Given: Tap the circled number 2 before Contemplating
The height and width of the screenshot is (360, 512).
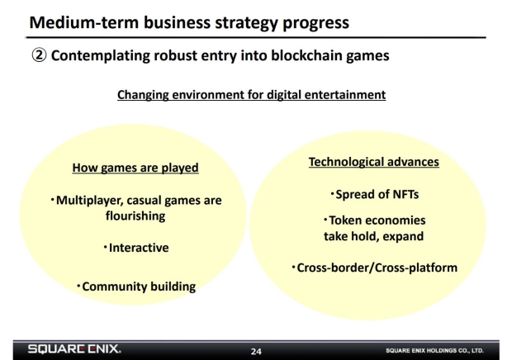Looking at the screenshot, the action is (x=39, y=55).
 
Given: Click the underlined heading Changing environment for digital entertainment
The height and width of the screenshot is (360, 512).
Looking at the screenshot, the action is (x=251, y=95).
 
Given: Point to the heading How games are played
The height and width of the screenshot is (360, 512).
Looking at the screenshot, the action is (x=135, y=168).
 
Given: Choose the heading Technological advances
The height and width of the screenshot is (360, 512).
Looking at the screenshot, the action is (x=374, y=162).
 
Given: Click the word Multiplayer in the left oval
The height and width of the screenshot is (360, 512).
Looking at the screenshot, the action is (x=90, y=201).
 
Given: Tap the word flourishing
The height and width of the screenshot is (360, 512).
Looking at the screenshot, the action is (x=135, y=216).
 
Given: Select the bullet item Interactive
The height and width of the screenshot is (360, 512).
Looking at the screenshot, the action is (x=136, y=248).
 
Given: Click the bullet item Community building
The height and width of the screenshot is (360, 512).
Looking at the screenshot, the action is (x=136, y=287).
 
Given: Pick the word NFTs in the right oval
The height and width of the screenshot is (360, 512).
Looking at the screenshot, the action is (x=405, y=195).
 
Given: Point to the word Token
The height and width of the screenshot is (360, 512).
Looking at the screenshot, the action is (x=344, y=220).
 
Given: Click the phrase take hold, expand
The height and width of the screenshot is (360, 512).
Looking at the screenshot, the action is (x=374, y=236).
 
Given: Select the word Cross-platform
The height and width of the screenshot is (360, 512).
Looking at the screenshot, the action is (x=416, y=268).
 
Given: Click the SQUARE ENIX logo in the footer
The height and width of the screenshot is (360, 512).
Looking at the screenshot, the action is (x=74, y=349).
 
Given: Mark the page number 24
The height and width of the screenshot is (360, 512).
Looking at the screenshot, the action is (x=256, y=352).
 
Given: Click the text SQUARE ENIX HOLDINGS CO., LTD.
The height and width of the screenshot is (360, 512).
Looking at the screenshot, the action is (x=434, y=351).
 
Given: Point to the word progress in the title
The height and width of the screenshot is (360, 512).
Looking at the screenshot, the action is (x=315, y=23).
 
